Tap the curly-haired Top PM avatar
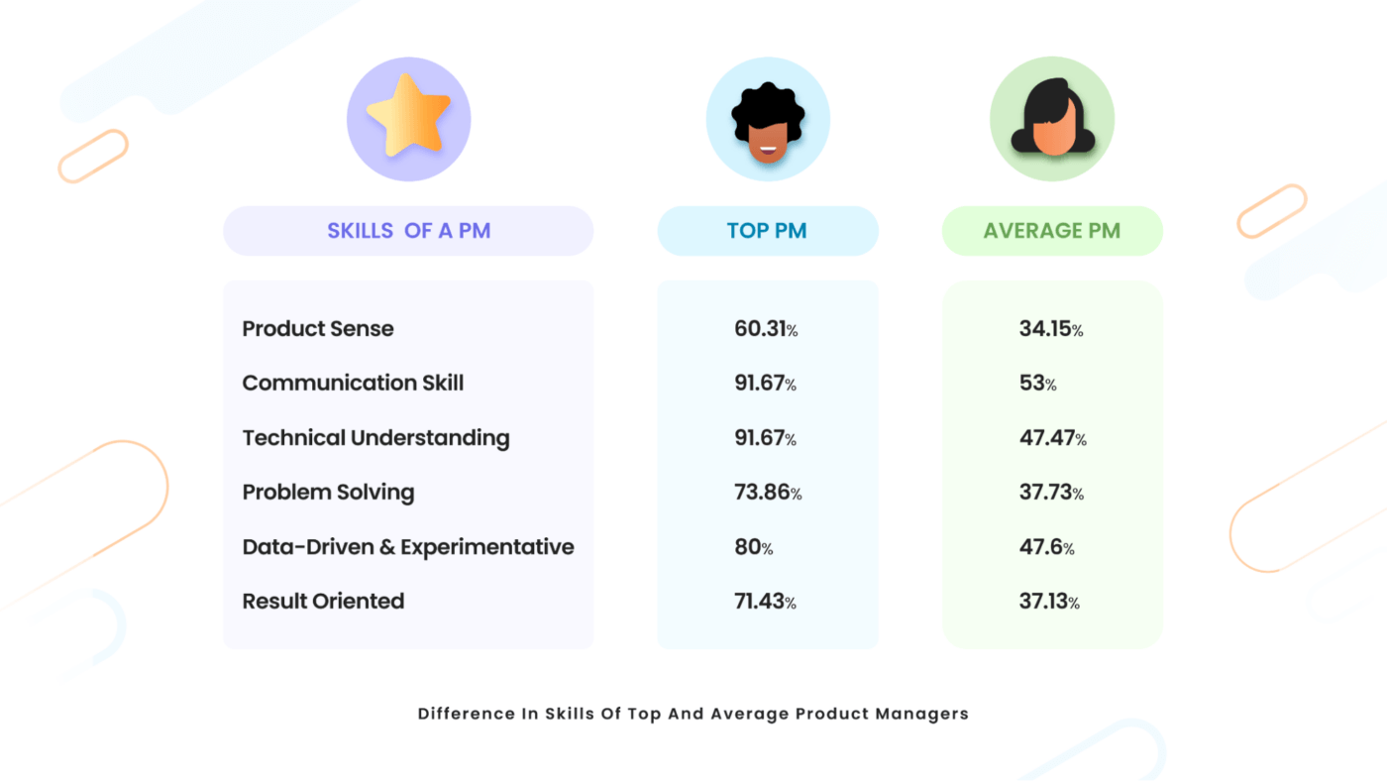[x=768, y=120]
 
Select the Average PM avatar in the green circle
[x=1052, y=120]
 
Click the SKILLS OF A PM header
[x=408, y=231]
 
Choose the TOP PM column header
[x=767, y=231]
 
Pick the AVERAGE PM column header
[x=1051, y=231]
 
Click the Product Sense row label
[x=318, y=329]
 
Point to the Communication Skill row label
[x=353, y=383]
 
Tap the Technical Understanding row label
[x=375, y=437]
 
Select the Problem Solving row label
[x=328, y=492]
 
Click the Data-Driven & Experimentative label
[x=408, y=546]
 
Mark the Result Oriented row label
[x=323, y=601]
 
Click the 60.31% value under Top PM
[x=766, y=329]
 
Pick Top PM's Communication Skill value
[x=766, y=383]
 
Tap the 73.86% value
[x=768, y=492]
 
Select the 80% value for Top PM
[x=754, y=546]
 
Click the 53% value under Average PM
[x=1037, y=383]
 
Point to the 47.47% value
[x=1052, y=437]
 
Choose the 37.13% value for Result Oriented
[x=1049, y=601]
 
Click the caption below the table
[x=693, y=713]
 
